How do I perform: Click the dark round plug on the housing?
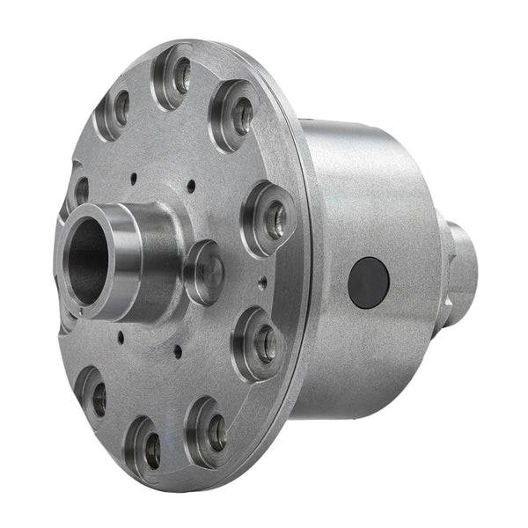point(368,282)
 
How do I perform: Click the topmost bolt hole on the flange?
point(175,76)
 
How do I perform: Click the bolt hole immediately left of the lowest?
point(93,397)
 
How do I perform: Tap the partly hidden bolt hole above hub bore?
point(78,188)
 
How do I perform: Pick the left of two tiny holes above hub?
point(132,178)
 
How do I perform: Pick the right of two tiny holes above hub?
point(190,186)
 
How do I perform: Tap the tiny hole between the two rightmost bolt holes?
point(263,282)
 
